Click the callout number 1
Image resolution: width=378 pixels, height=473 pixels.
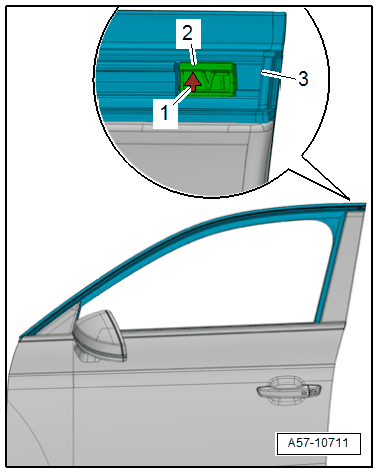click(165, 113)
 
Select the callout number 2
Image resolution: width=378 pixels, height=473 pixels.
click(188, 33)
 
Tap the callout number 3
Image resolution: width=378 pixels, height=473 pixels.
click(303, 79)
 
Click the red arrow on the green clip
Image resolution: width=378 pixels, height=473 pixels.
click(193, 82)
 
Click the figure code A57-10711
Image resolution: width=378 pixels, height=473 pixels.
click(318, 443)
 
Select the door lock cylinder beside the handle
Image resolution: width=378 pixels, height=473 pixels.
click(312, 390)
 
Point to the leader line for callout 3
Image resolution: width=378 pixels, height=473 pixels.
click(279, 75)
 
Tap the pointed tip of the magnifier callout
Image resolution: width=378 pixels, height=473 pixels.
click(350, 200)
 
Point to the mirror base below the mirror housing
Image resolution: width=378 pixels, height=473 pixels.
click(88, 354)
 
